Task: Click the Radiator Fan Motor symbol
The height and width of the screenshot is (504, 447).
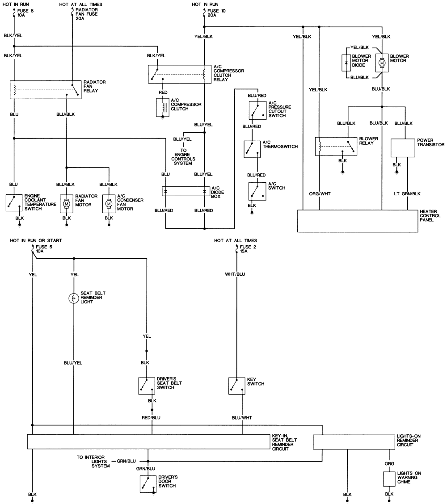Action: [x=67, y=203]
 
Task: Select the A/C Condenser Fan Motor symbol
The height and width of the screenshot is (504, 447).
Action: [x=109, y=203]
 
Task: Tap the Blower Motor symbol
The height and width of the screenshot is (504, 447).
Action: [x=382, y=63]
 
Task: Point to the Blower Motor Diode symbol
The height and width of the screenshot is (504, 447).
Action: [x=346, y=63]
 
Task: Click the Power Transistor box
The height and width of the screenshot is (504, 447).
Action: [x=403, y=148]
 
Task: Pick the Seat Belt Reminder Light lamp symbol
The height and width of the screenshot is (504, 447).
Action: [x=74, y=298]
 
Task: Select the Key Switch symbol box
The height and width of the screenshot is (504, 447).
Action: [x=236, y=386]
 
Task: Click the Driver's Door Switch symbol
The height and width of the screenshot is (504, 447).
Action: [x=148, y=484]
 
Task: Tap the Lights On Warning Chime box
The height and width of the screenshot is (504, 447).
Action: [x=389, y=479]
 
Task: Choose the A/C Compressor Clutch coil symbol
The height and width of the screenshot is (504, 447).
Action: [x=162, y=107]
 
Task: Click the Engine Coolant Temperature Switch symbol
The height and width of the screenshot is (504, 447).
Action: [x=14, y=202]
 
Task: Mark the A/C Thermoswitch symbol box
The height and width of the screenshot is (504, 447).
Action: [x=252, y=149]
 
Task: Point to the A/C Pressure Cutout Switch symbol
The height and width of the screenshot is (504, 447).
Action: [x=257, y=110]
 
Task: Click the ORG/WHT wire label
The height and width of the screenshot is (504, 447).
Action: [x=320, y=194]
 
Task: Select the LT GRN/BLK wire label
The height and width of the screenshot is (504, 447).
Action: [x=407, y=194]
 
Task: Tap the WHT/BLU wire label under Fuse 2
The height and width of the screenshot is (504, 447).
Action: [x=235, y=274]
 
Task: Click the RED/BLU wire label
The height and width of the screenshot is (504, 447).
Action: [x=151, y=417]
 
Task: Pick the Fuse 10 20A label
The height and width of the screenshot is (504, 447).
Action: [x=216, y=13]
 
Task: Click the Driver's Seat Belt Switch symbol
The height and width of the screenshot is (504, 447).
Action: [x=147, y=386]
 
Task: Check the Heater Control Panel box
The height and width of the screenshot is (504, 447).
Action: [x=358, y=221]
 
